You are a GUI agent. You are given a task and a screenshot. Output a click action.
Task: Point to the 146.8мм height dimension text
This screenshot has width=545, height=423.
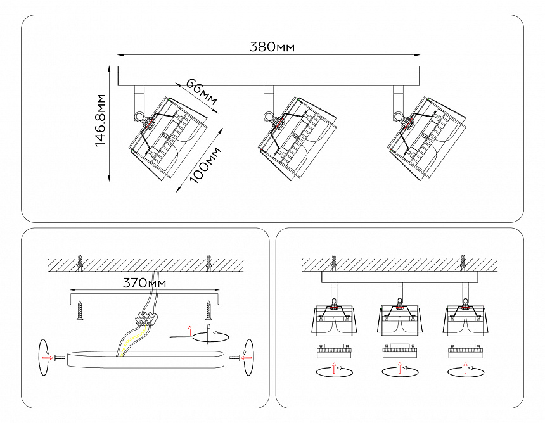pos(99,120)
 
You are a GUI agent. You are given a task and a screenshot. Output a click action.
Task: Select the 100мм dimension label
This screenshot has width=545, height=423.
pos(205,164)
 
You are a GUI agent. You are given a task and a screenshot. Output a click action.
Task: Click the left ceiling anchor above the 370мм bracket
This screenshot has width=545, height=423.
pos(80,261)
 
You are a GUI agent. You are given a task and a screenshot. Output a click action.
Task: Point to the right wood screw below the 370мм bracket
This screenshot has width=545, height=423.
pos(208,310)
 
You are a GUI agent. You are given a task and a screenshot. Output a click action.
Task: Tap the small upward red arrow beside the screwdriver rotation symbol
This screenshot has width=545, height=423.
pos(189,331)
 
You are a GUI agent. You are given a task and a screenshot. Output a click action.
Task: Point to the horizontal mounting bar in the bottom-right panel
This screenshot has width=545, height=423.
pos(399,277)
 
